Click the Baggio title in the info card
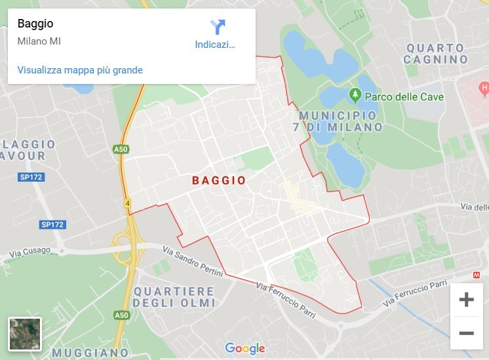point(35,24)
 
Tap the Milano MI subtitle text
point(39,41)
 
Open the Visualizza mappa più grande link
point(80,70)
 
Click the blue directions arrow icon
point(218,27)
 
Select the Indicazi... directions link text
point(215,45)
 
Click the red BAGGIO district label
point(219,180)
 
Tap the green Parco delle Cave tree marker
point(355,96)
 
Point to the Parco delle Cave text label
point(404,97)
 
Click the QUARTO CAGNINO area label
point(435,54)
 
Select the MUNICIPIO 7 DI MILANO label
point(337,121)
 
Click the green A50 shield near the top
point(121,150)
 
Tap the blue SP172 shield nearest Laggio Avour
point(31,177)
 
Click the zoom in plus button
point(466,300)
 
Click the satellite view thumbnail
point(25,334)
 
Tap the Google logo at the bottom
point(244,349)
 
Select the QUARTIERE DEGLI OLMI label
point(174,297)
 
